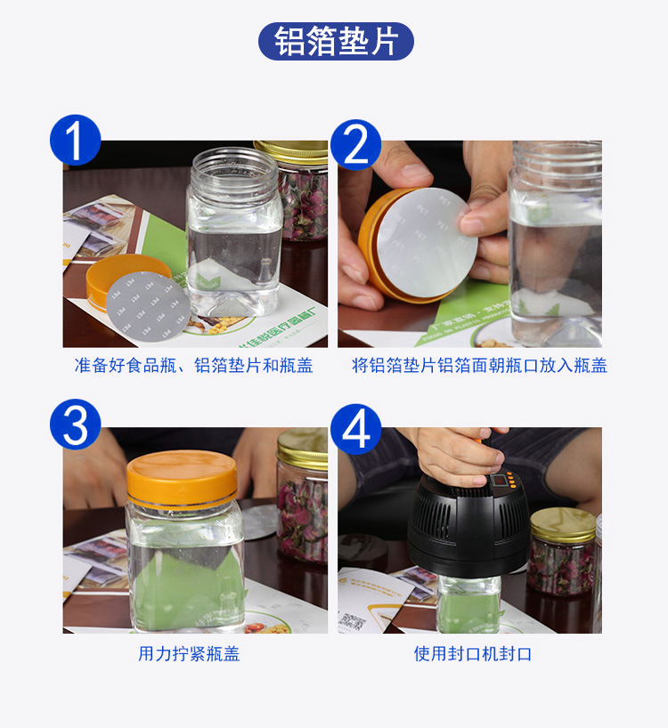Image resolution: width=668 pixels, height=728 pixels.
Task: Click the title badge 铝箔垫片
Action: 336,42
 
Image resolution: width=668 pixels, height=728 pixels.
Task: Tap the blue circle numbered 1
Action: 76,141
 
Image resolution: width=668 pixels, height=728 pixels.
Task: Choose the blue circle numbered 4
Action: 355,428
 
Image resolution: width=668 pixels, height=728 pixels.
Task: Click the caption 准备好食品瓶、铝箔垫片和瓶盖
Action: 193,366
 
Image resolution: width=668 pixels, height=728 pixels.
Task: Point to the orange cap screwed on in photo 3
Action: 182,477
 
